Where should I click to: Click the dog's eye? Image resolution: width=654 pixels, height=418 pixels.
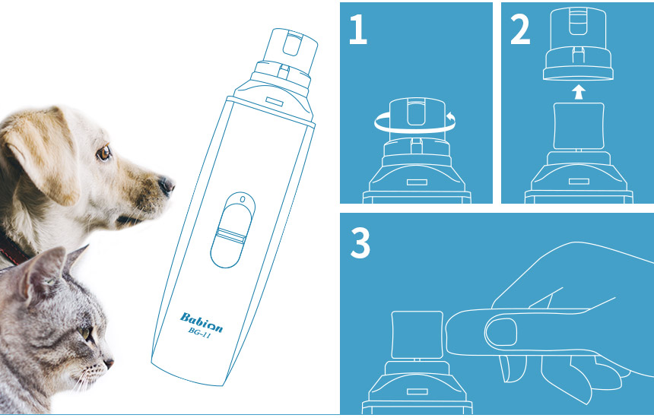pos(103,153)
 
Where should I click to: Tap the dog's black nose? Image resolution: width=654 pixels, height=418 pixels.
pos(167,185)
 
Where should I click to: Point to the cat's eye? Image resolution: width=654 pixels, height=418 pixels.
pos(85,333)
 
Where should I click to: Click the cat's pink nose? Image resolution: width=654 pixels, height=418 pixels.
pos(110,363)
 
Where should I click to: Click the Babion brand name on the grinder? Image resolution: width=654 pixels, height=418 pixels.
pos(201,322)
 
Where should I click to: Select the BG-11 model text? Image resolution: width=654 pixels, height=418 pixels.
pos(199,333)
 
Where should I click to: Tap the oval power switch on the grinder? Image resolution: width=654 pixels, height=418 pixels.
pos(232,230)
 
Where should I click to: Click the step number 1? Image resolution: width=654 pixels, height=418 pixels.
pos(358,29)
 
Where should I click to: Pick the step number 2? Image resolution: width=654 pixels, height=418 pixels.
pos(520,29)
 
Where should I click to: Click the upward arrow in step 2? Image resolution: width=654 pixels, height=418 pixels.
pos(578,92)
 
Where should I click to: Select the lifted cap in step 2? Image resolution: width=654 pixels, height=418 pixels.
pos(578,44)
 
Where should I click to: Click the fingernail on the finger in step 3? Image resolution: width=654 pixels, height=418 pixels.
pos(501,333)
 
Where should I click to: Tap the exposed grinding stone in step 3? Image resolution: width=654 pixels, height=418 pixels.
pos(417,334)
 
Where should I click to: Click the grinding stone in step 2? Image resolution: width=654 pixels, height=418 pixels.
pos(579,126)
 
